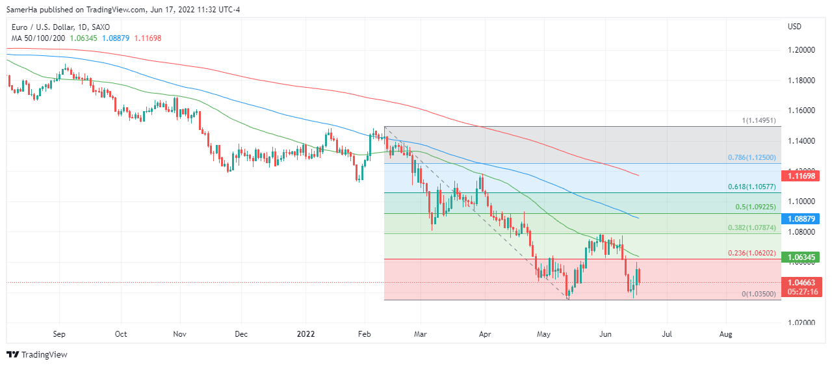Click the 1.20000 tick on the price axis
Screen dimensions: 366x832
pos(802,50)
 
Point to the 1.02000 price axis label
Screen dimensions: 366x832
pos(802,323)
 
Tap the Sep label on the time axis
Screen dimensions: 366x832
pos(59,334)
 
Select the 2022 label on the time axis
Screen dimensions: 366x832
pos(305,334)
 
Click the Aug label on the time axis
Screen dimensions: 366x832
pos(726,334)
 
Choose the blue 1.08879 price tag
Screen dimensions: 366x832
pos(802,219)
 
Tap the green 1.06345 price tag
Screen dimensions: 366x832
pos(802,257)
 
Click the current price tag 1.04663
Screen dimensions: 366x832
pos(802,282)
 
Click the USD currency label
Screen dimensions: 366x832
pos(794,27)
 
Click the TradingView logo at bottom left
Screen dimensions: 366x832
pos(37,355)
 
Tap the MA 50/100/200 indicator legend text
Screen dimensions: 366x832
pos(38,38)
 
